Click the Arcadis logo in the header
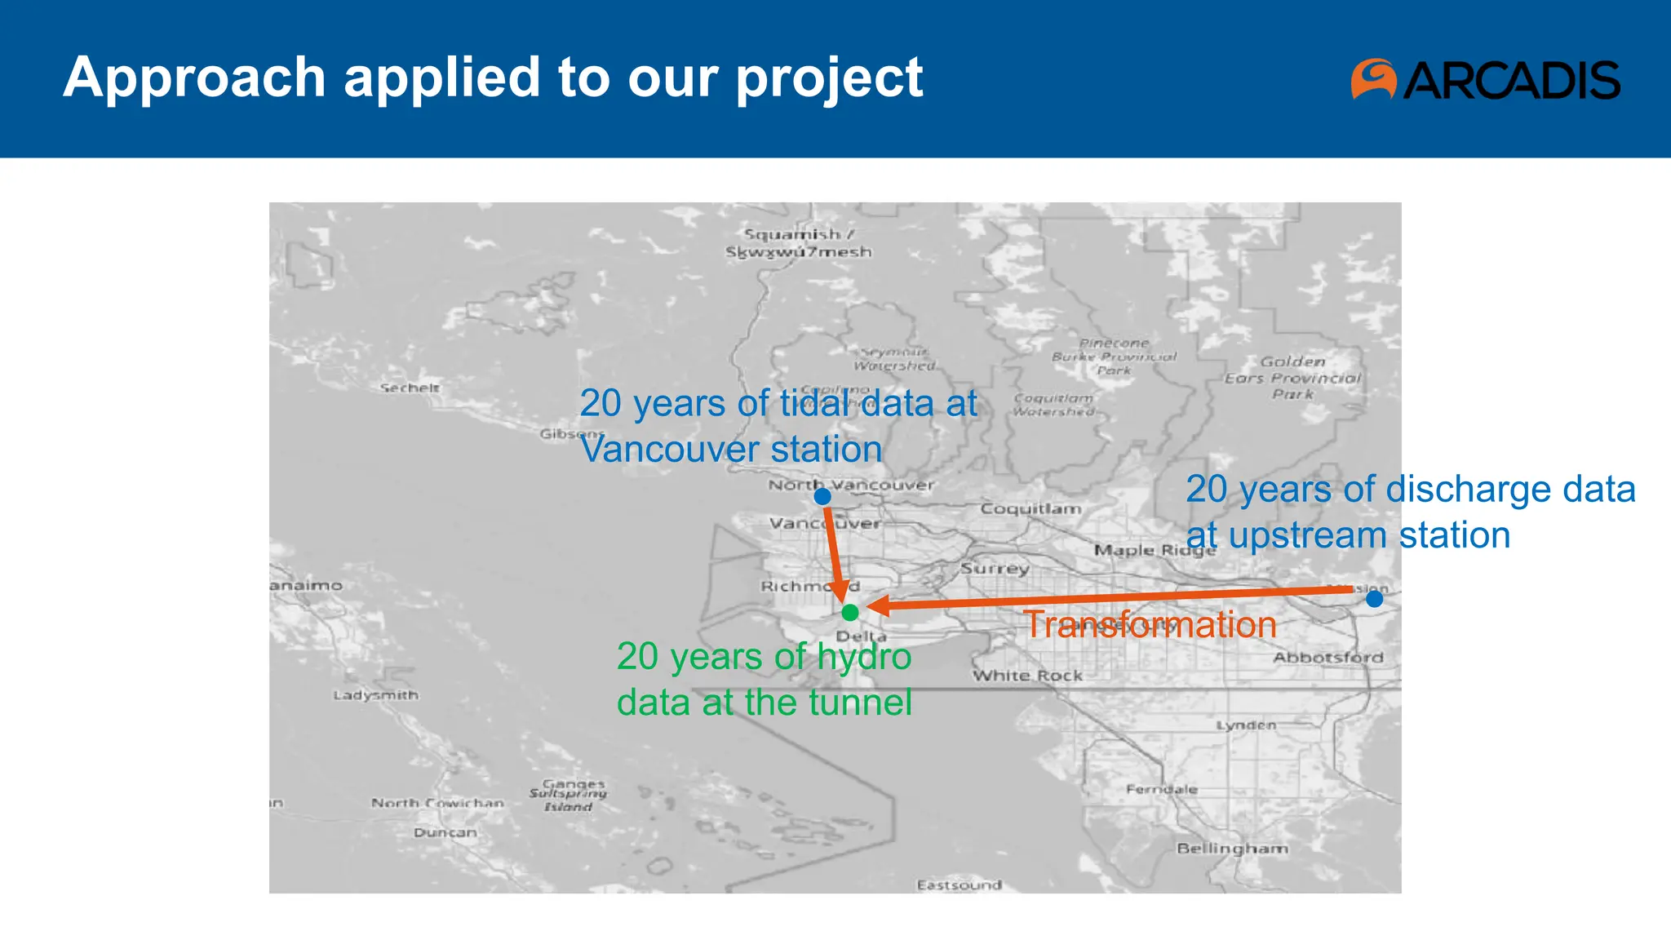pyautogui.click(x=1485, y=79)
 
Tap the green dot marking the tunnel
pyautogui.click(x=850, y=612)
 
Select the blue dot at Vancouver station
pyautogui.click(x=822, y=496)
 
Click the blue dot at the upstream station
pyautogui.click(x=1374, y=599)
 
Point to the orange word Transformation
pyautogui.click(x=1149, y=625)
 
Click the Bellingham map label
pyautogui.click(x=1232, y=849)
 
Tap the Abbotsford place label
pyautogui.click(x=1327, y=658)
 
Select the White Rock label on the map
pyautogui.click(x=1027, y=676)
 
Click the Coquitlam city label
pyautogui.click(x=1031, y=509)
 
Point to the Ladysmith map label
pyautogui.click(x=375, y=695)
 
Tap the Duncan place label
pyautogui.click(x=445, y=832)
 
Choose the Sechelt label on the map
pyautogui.click(x=410, y=388)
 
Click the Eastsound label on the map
pyautogui.click(x=959, y=885)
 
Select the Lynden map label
pyautogui.click(x=1246, y=725)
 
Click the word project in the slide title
pyautogui.click(x=829, y=79)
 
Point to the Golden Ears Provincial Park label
pyautogui.click(x=1292, y=378)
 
